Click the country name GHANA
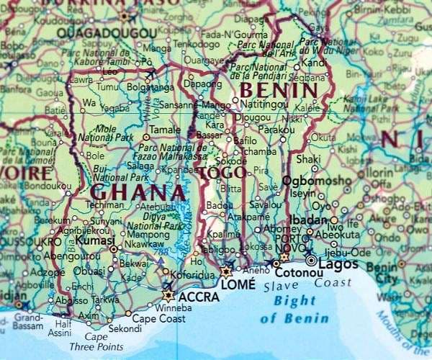click(137, 193)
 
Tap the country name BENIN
click(279, 91)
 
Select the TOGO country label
click(223, 174)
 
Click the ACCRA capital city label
click(199, 296)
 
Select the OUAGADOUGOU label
click(107, 34)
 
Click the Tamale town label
click(165, 130)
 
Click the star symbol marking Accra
click(169, 295)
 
